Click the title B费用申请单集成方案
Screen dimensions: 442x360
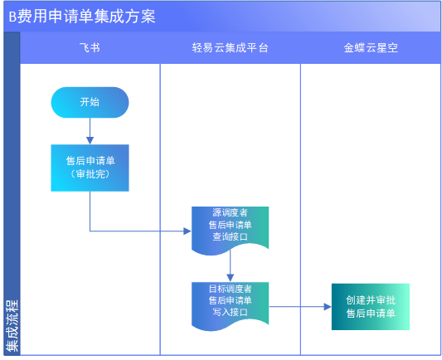tap(82, 17)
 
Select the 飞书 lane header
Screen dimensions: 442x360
tap(90, 47)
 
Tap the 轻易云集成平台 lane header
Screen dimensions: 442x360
tap(230, 47)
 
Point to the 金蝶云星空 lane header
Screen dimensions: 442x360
tap(371, 47)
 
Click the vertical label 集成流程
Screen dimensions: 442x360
tap(12, 326)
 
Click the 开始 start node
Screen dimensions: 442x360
tap(90, 102)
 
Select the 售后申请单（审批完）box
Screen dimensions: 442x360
tap(90, 168)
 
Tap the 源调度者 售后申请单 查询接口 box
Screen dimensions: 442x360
tap(230, 230)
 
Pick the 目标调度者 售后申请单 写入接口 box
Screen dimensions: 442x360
tap(230, 305)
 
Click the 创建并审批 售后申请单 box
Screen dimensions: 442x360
tap(371, 307)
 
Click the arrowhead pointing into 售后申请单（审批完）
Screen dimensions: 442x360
tap(90, 141)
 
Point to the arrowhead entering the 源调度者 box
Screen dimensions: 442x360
tap(187, 231)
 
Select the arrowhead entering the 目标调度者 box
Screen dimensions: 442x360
tap(230, 278)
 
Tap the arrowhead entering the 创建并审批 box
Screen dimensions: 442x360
tap(328, 307)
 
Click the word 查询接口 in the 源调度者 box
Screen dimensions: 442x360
tap(230, 236)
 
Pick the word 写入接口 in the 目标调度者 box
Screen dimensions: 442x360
tap(230, 313)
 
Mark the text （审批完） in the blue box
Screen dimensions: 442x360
tap(90, 174)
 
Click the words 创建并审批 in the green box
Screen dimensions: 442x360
tap(371, 300)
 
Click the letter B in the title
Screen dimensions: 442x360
tap(12, 17)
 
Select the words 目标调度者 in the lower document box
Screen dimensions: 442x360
tap(230, 289)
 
